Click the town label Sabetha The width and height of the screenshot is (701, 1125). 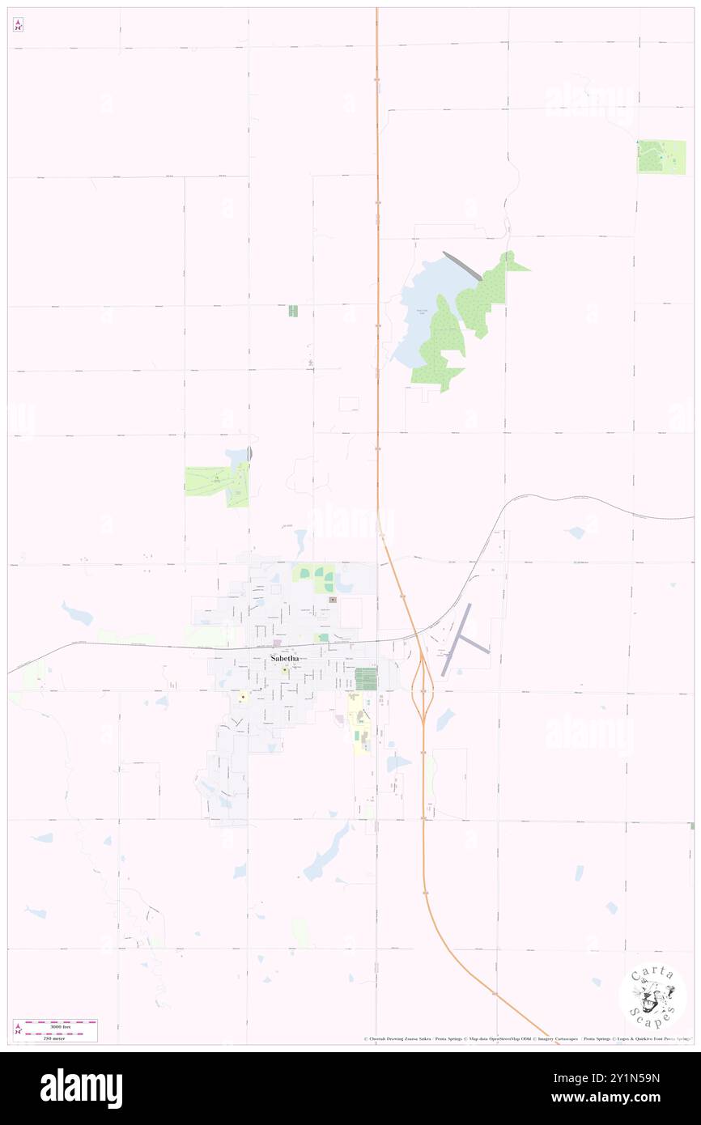point(284,659)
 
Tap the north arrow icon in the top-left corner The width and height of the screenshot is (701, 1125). point(18,25)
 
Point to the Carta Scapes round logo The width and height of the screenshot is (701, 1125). point(652,998)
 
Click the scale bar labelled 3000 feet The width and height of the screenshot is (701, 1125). point(62,1024)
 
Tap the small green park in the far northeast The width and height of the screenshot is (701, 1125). point(650,156)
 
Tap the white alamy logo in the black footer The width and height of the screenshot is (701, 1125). point(81,1089)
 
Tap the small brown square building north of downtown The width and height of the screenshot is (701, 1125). point(333,600)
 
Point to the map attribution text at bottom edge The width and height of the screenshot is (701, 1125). point(526,1039)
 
